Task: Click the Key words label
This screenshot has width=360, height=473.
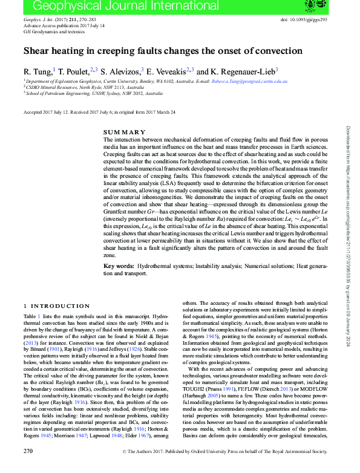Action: [x=118, y=266]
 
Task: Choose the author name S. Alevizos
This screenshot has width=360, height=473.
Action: [x=120, y=71]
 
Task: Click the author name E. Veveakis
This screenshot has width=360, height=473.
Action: [x=168, y=71]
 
